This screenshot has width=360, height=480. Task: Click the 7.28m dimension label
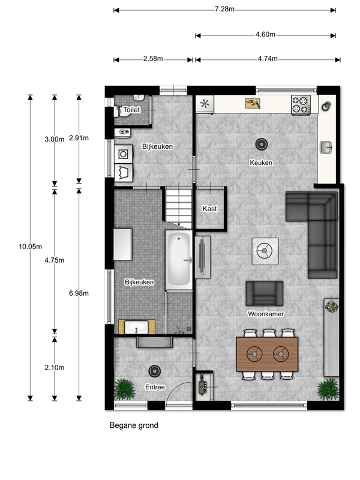point(224,9)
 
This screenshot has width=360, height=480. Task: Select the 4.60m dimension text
point(265,35)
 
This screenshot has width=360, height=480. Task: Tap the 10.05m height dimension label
point(31,247)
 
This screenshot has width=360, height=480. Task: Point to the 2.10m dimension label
point(55,368)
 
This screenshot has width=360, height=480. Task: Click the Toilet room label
point(131,110)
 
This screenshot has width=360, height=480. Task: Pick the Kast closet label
point(209,209)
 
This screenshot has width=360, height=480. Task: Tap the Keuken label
point(261,163)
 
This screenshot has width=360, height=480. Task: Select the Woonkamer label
point(266,314)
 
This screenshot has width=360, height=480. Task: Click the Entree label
point(155,387)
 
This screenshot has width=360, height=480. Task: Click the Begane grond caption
point(134,425)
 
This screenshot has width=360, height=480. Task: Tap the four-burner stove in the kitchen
point(301,104)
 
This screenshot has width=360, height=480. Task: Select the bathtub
point(179,260)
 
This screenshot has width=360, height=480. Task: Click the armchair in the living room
point(265,293)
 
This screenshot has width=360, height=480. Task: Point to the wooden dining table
point(267,354)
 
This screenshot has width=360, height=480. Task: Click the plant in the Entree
point(125,389)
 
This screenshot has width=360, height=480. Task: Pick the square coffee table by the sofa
point(265,251)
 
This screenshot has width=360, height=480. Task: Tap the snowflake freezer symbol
point(205,104)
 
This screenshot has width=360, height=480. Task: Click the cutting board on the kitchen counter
point(253,103)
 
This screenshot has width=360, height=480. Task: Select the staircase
point(179,208)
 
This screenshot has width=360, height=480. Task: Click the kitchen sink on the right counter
point(326,147)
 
